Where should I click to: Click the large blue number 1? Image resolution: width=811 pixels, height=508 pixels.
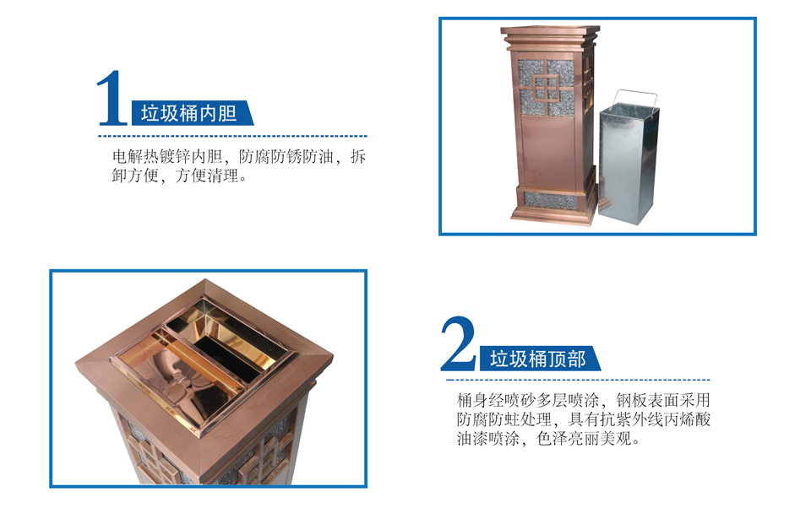pos(112,98)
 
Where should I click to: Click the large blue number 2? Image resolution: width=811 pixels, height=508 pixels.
pos(458,343)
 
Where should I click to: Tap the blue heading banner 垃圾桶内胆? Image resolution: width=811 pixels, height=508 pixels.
pos(193,113)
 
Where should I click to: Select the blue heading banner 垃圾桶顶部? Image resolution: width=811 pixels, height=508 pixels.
pos(540,358)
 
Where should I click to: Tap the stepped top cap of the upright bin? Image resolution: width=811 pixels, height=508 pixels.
pos(550,37)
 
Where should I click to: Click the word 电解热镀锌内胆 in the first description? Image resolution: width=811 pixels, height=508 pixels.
pos(167,156)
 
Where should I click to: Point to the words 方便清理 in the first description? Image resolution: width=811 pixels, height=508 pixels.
pos(207,176)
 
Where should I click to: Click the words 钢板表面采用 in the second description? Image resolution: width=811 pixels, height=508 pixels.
pos(663,400)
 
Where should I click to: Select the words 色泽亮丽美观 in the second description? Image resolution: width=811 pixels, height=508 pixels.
pos(584,439)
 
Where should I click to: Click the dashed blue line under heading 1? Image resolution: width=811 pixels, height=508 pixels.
pos(233,137)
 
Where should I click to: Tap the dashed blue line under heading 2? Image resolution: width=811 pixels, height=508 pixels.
pos(578,380)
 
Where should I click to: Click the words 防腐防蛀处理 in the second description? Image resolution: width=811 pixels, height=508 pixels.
pos(503,419)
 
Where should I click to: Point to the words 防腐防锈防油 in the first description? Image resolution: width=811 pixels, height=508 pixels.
pos(286,156)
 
